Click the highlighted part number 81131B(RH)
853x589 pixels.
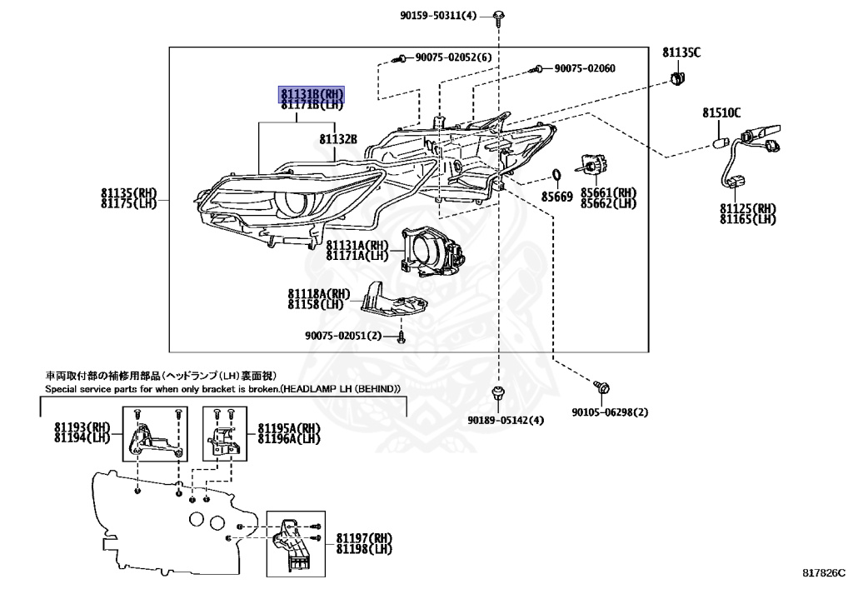(312, 93)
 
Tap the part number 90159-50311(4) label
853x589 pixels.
(449, 15)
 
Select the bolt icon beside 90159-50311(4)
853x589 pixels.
(497, 16)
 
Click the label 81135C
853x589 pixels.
(681, 52)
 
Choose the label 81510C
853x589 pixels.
(721, 112)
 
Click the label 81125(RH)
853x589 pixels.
(747, 208)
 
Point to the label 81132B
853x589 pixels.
(338, 138)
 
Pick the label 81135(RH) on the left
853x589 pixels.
(128, 192)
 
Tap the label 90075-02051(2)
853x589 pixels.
(342, 336)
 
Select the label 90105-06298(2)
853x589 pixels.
(610, 412)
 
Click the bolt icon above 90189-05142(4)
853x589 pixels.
(497, 392)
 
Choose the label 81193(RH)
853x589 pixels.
(82, 427)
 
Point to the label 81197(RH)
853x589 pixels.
(364, 538)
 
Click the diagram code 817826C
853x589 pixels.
(824, 574)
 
